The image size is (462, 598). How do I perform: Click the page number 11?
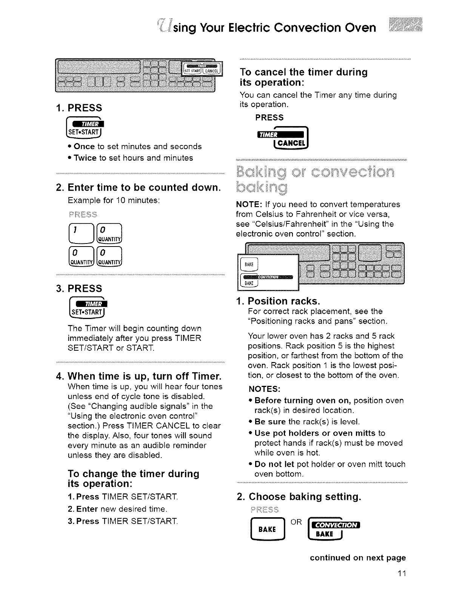pos(401,574)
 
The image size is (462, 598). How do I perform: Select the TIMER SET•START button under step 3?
pos(88,308)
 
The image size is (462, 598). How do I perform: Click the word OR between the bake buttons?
pos(296,522)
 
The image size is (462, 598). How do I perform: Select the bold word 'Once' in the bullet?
pos(84,146)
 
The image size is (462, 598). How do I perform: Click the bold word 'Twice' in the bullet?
pos(85,158)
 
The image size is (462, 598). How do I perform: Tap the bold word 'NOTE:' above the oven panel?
pos(247,205)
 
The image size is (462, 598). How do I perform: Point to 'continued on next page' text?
pos(358,558)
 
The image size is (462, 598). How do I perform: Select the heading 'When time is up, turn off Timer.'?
pos(144,376)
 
